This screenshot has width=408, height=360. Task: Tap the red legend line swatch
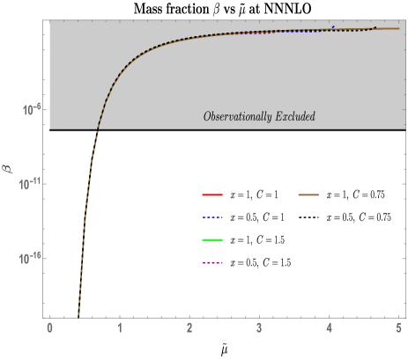click(x=212, y=195)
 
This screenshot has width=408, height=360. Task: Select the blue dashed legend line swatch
click(x=212, y=217)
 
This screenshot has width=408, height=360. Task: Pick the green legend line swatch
click(x=212, y=239)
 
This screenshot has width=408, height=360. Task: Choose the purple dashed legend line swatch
click(x=212, y=262)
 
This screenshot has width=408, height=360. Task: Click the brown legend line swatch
click(x=308, y=195)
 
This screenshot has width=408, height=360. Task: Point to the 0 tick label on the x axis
click(x=49, y=327)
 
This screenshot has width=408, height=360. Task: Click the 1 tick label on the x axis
click(x=119, y=327)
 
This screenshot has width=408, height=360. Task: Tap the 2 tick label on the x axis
click(x=189, y=327)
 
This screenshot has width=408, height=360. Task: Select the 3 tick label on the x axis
click(x=259, y=327)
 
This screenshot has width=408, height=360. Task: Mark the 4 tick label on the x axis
click(x=329, y=327)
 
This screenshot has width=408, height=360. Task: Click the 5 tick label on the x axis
click(x=398, y=327)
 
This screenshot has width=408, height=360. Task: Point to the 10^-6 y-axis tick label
click(x=33, y=110)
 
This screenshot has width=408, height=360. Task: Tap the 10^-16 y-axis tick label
click(x=32, y=258)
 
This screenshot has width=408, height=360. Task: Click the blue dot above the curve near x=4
click(x=333, y=26)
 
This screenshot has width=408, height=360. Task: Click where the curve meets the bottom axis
click(x=78, y=315)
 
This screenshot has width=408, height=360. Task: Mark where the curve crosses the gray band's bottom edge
click(x=98, y=129)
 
